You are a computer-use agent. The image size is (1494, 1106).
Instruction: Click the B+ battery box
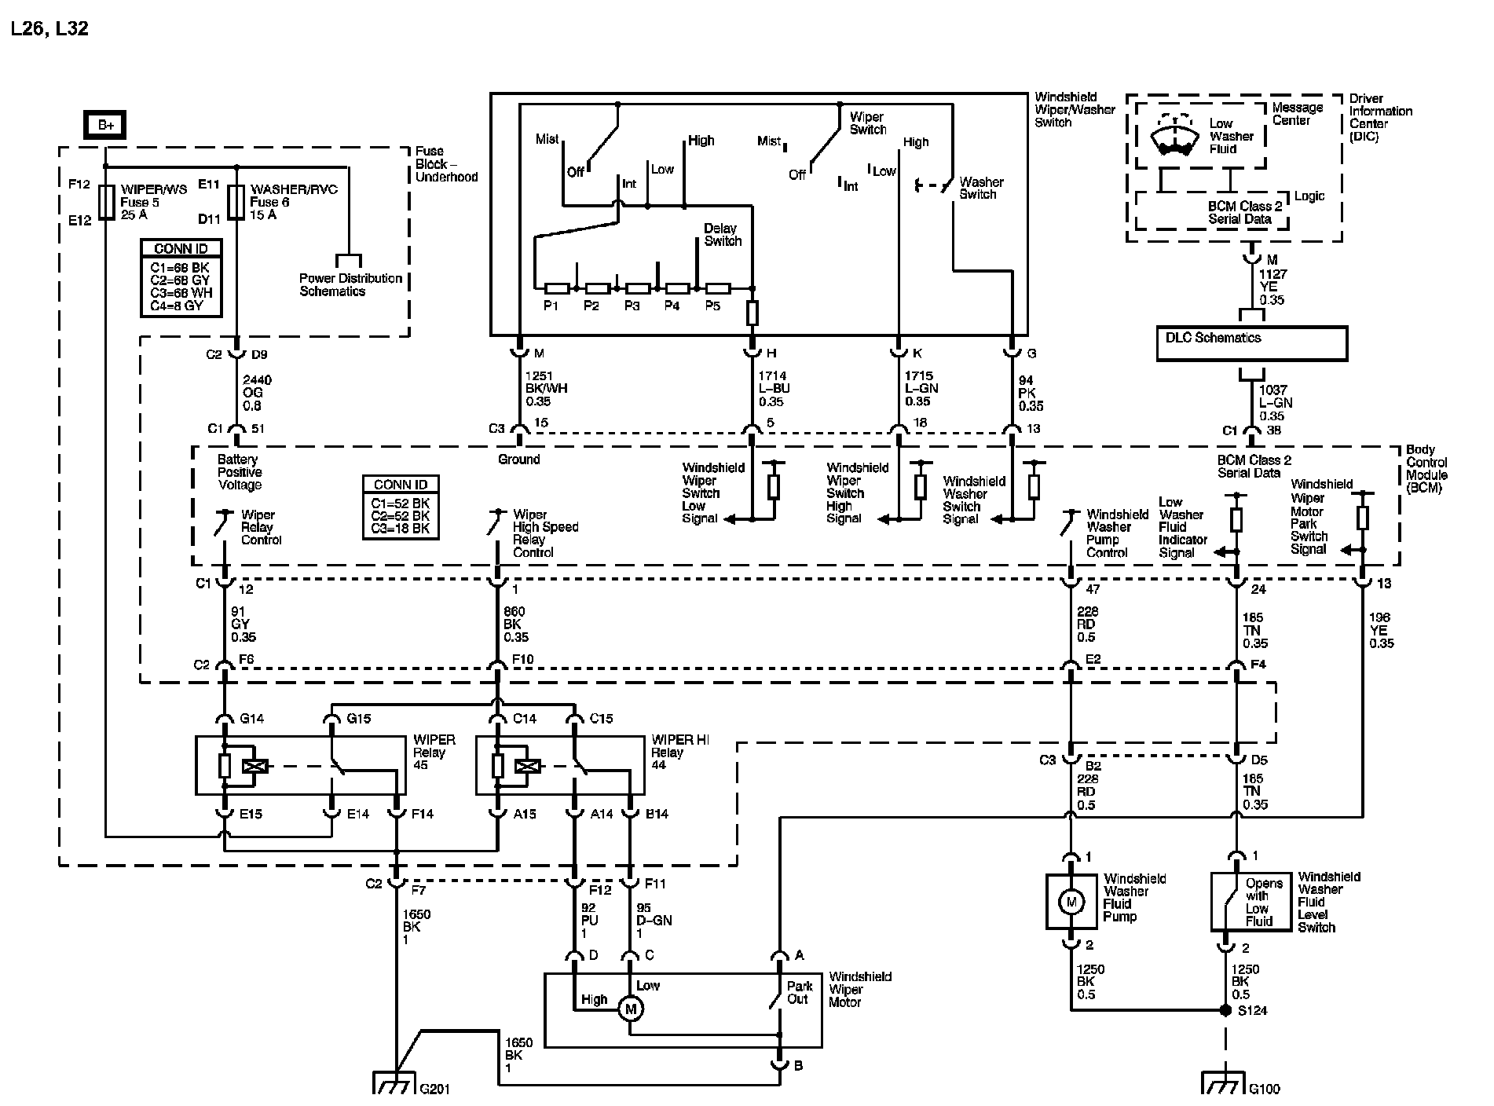coord(105,124)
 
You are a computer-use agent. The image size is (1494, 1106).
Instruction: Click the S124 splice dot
coord(1225,1010)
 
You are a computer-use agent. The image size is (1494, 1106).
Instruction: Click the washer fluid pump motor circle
coord(1070,903)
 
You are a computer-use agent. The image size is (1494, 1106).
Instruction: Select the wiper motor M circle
coord(629,1008)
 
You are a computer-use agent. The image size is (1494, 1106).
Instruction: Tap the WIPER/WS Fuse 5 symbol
coord(105,201)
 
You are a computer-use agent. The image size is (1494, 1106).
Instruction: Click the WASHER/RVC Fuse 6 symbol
coord(236,201)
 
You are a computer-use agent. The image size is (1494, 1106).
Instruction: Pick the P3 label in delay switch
coord(632,306)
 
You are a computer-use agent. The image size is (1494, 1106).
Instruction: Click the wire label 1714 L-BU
coord(774,389)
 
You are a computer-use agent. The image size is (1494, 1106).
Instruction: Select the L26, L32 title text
coord(49,29)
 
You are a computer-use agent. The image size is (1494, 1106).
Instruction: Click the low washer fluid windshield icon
coord(1174,138)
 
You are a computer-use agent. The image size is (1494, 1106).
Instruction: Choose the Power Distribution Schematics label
coord(350,284)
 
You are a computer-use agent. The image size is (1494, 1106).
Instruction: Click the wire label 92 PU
coord(589,921)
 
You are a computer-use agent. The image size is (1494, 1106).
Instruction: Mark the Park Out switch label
coord(799,992)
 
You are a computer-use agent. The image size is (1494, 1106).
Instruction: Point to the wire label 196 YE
coord(1382,630)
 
